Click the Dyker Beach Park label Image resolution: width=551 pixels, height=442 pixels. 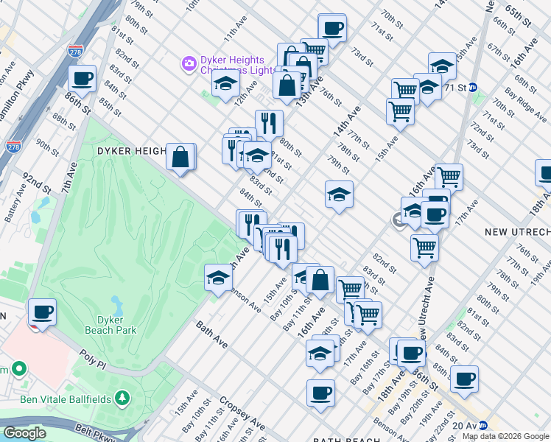click(x=116, y=325)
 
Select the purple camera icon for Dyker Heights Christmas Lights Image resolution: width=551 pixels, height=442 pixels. click(x=189, y=64)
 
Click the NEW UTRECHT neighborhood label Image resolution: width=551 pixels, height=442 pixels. click(x=517, y=232)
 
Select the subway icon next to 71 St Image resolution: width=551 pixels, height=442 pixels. click(x=474, y=87)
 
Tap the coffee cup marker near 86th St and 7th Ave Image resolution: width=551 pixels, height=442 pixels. click(x=82, y=77)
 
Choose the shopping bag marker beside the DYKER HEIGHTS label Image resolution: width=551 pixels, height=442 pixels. click(x=180, y=156)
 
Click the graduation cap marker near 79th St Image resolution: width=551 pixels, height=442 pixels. click(x=338, y=194)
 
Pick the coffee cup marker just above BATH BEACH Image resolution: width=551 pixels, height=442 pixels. click(x=320, y=393)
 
